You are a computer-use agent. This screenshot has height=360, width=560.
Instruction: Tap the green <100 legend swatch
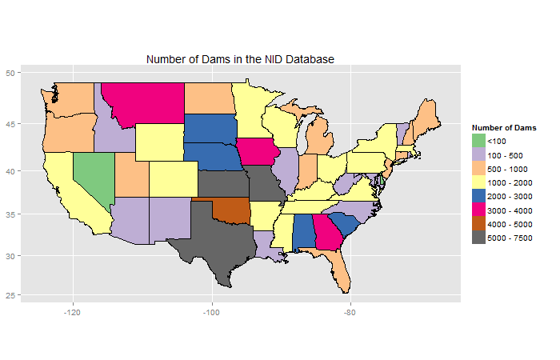479,141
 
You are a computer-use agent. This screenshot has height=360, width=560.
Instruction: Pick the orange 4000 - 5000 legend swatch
479,223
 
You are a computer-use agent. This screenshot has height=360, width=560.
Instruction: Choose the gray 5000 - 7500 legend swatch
479,238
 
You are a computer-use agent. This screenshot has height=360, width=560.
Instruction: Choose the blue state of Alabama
302,232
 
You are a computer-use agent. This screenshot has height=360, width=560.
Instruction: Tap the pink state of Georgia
323,232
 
